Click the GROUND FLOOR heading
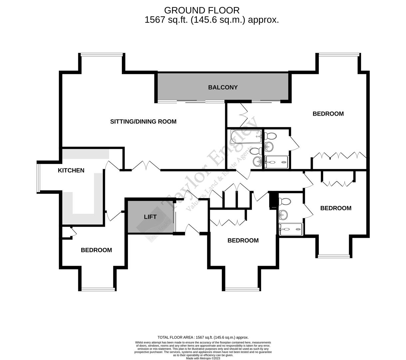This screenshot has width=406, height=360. [x=202, y=11]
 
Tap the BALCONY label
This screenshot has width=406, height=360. [x=223, y=87]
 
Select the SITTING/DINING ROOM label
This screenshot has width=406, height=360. [x=143, y=122]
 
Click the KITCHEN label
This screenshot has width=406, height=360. [x=71, y=170]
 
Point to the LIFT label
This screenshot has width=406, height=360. [x=150, y=217]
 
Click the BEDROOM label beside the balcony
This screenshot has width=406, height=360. [x=328, y=114]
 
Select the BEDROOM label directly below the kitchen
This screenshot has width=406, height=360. [x=96, y=250]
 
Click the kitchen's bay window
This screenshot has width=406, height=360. [x=38, y=177]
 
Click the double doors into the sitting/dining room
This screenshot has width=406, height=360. [x=146, y=166]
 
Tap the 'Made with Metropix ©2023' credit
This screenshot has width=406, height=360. [x=203, y=358]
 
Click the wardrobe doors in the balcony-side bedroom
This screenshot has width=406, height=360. [x=339, y=156]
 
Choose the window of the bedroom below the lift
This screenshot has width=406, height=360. [x=242, y=289]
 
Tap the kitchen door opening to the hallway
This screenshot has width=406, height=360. [x=113, y=165]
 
